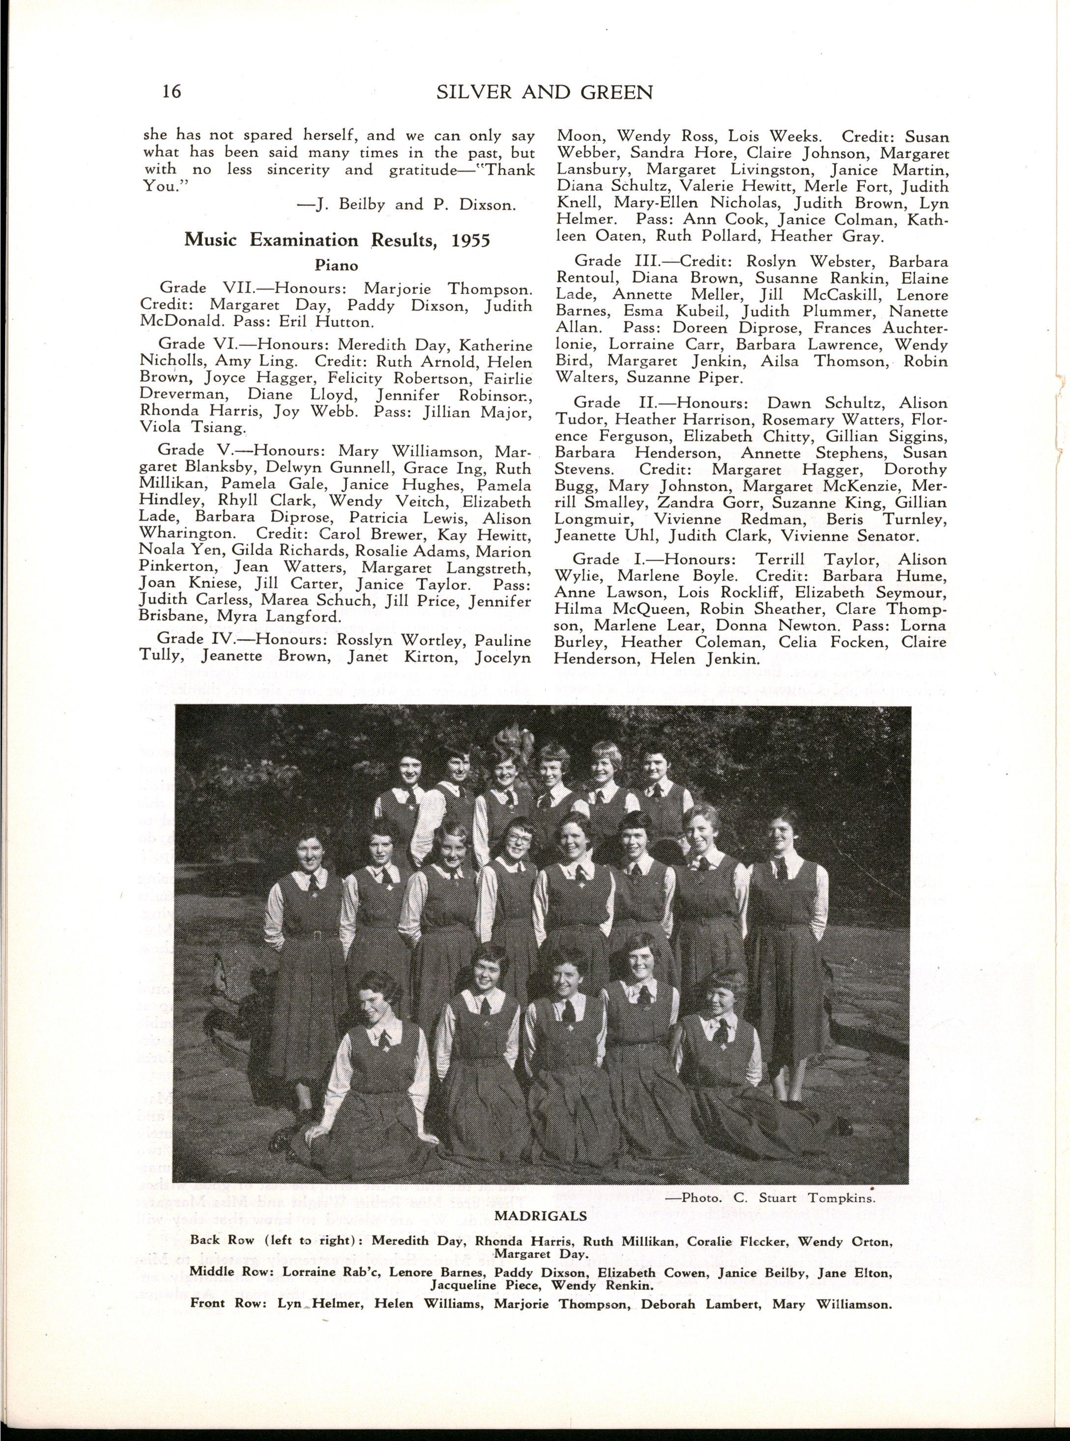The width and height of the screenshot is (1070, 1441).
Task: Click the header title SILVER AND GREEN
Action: (545, 92)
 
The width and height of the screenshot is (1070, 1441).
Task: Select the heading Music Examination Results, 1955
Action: (337, 240)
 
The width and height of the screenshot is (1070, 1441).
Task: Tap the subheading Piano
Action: (337, 265)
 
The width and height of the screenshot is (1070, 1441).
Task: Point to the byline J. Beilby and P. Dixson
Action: (406, 205)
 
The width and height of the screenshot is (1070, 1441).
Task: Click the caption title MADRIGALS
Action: (540, 1215)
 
